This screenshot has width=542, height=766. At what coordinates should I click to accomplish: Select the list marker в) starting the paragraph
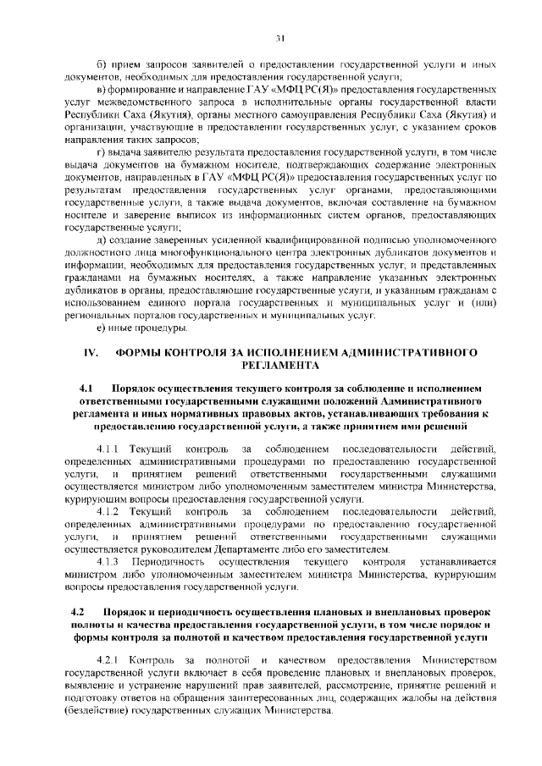[102, 89]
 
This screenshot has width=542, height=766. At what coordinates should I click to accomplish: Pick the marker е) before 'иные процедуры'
[102, 328]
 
